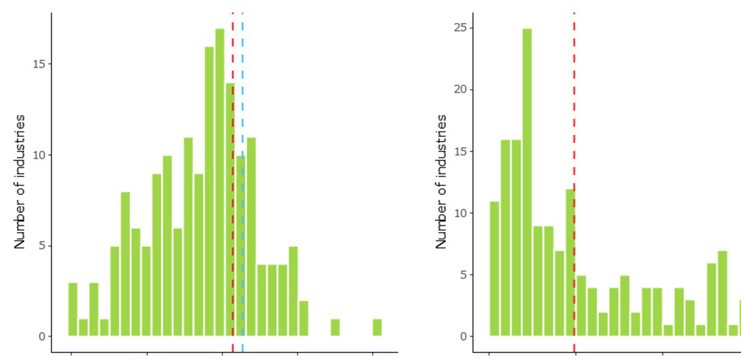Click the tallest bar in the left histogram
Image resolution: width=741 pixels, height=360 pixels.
point(219,182)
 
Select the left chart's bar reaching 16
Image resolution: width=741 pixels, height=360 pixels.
point(209,191)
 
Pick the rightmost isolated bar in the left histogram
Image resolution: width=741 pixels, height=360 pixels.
point(377,328)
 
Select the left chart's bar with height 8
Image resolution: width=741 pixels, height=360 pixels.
point(125,264)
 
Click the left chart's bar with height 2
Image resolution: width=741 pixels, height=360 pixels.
point(303,318)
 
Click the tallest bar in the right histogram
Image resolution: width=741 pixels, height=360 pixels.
point(527,182)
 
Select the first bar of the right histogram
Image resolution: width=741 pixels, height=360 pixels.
point(494,269)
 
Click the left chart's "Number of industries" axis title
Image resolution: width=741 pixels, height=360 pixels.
point(20,182)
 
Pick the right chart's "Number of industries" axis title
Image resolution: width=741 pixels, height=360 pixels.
point(441,182)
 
